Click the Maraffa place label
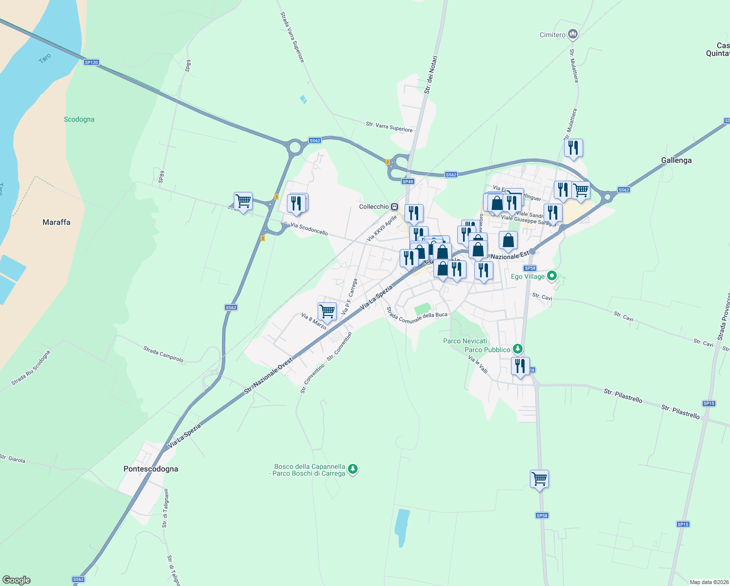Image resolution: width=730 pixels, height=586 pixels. pyautogui.click(x=56, y=222)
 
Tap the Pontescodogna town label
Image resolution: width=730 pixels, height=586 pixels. pyautogui.click(x=151, y=469)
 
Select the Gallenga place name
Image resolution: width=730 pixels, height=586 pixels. pyautogui.click(x=676, y=160)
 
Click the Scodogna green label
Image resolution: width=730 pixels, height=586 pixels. pyautogui.click(x=79, y=119)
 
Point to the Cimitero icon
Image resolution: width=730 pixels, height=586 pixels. pyautogui.click(x=573, y=34)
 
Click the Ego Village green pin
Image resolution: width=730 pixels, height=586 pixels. pyautogui.click(x=552, y=276)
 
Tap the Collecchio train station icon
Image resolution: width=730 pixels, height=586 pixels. pyautogui.click(x=394, y=207)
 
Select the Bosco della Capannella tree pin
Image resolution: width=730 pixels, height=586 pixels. pyautogui.click(x=353, y=469)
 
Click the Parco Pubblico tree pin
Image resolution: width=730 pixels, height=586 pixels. pyautogui.click(x=518, y=349)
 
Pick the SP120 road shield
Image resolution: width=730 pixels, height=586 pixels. pyautogui.click(x=91, y=62)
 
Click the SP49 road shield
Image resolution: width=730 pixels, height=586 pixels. pyautogui.click(x=407, y=182)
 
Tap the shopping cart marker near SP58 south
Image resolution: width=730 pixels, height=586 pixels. pyautogui.click(x=539, y=479)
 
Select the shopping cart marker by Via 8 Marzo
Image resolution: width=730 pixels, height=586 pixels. pyautogui.click(x=327, y=311)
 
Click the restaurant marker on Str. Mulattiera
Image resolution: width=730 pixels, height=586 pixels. pyautogui.click(x=573, y=147)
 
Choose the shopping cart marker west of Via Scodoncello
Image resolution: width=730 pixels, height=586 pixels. pyautogui.click(x=243, y=200)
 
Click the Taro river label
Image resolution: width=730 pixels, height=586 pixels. pyautogui.click(x=44, y=59)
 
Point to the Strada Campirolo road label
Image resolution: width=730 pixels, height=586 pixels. pyautogui.click(x=163, y=354)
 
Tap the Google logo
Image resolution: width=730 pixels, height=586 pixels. pyautogui.click(x=16, y=580)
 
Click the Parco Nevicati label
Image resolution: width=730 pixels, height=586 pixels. pyautogui.click(x=465, y=341)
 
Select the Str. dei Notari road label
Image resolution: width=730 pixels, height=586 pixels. pyautogui.click(x=430, y=75)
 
